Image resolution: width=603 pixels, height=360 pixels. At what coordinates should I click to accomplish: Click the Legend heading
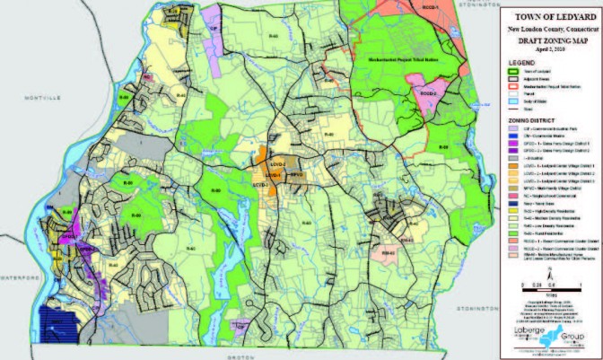pyautogui.click(x=524, y=63)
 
